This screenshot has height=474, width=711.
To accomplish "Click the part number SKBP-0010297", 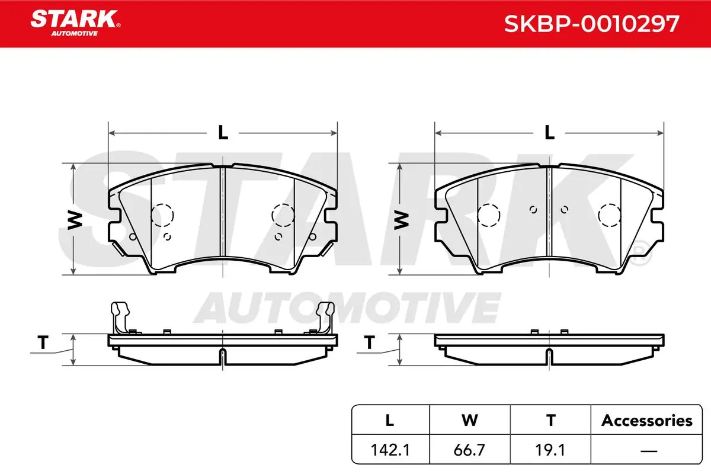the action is pyautogui.click(x=592, y=24).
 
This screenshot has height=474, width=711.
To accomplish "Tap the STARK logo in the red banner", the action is pyautogui.click(x=75, y=23).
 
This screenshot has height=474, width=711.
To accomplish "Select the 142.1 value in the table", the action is pyautogui.click(x=390, y=450).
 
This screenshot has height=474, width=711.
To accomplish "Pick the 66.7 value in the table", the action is pyautogui.click(x=469, y=450).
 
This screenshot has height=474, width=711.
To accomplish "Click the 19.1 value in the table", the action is pyautogui.click(x=550, y=450).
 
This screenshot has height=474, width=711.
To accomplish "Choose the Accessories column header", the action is pyautogui.click(x=646, y=420).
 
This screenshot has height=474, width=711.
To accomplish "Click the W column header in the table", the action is pyautogui.click(x=470, y=420).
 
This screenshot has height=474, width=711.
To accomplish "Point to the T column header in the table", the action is pyautogui.click(x=550, y=420).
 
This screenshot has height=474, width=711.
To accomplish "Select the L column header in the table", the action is pyautogui.click(x=390, y=420).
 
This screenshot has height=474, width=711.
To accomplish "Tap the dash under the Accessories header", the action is pyautogui.click(x=649, y=450).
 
